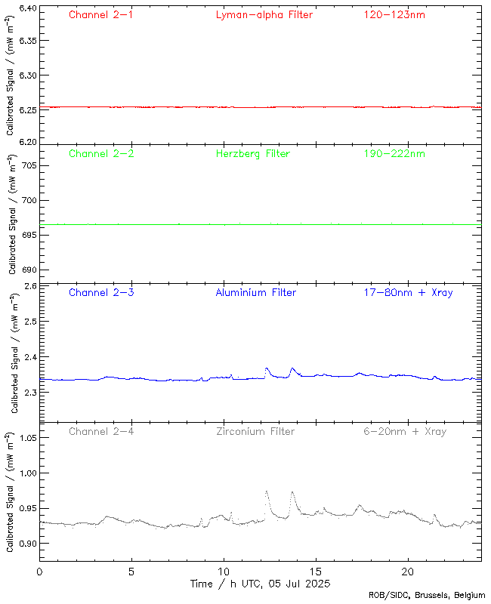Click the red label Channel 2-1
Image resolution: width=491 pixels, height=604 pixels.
pyautogui.click(x=100, y=15)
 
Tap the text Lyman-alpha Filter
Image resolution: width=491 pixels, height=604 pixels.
pyautogui.click(x=264, y=15)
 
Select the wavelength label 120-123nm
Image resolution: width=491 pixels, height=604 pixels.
pyautogui.click(x=394, y=15)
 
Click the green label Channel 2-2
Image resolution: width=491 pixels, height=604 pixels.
pyautogui.click(x=100, y=154)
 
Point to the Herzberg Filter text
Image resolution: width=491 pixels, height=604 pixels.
pyautogui.click(x=252, y=154)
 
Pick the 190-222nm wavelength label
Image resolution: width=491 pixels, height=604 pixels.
pyautogui.click(x=394, y=154)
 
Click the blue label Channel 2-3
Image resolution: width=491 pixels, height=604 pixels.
pyautogui.click(x=100, y=293)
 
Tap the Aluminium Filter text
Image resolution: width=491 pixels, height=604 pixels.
pyautogui.click(x=255, y=293)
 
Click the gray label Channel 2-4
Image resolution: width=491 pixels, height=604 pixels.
pyautogui.click(x=100, y=432)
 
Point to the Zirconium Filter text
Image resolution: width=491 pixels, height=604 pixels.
pyautogui.click(x=255, y=432)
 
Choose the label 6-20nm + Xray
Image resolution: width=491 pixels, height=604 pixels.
pyautogui.click(x=405, y=432)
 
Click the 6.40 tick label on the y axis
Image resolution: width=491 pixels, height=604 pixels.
pyautogui.click(x=26, y=8)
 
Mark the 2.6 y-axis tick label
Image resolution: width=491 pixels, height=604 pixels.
pyautogui.click(x=31, y=287)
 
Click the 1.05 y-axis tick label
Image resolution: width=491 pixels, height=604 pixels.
pyautogui.click(x=26, y=437)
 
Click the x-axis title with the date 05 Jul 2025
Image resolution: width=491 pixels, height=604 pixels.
pyautogui.click(x=259, y=584)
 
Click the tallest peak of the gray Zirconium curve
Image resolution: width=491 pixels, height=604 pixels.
pyautogui.click(x=266, y=492)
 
